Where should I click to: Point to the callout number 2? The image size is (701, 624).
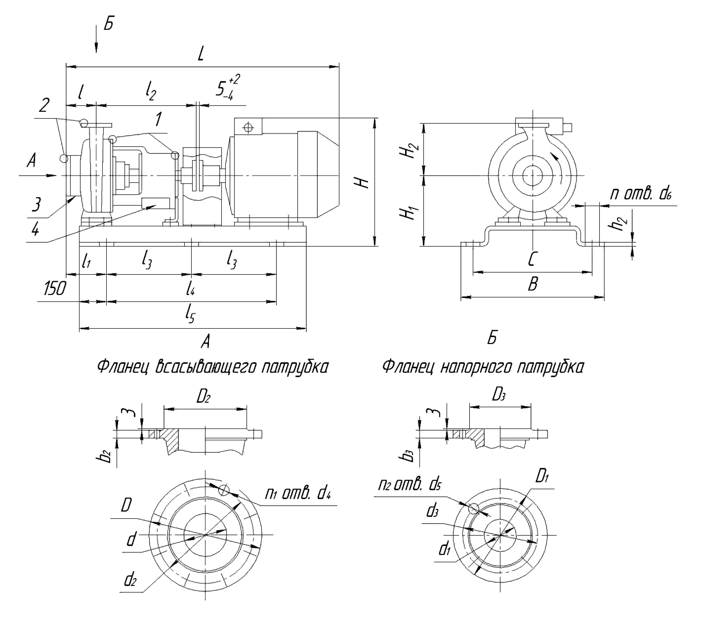coord(44,105)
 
